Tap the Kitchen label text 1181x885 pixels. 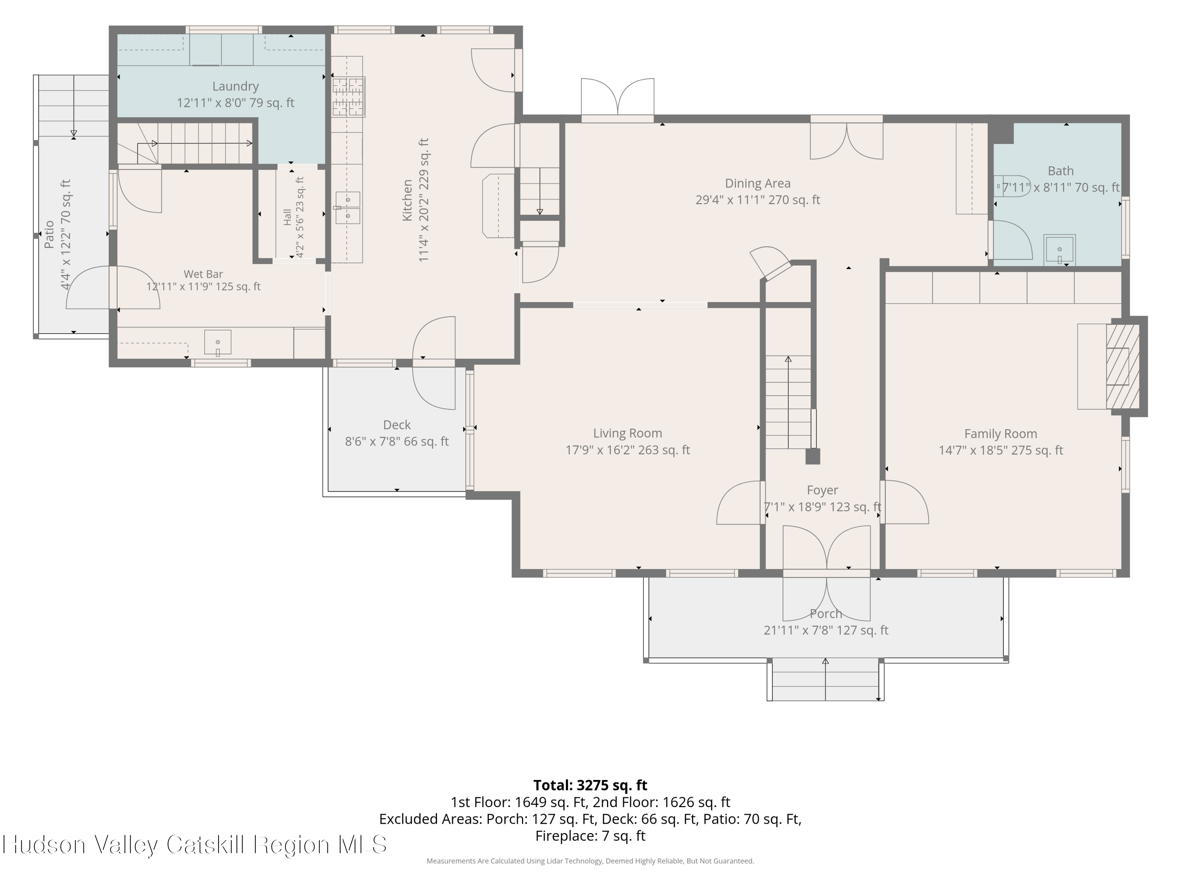click(x=407, y=200)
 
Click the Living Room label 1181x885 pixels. click(x=628, y=433)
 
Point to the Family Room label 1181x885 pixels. click(x=1001, y=434)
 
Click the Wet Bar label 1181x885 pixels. click(x=204, y=274)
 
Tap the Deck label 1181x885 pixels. click(x=397, y=425)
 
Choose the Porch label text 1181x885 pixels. click(x=826, y=614)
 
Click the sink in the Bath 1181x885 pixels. click(x=1059, y=250)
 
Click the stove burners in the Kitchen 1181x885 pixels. click(x=349, y=96)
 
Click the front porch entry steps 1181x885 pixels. click(x=826, y=680)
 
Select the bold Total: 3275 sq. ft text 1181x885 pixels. click(x=590, y=785)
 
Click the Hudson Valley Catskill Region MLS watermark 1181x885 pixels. click(x=195, y=844)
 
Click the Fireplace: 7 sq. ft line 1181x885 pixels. click(x=590, y=836)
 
